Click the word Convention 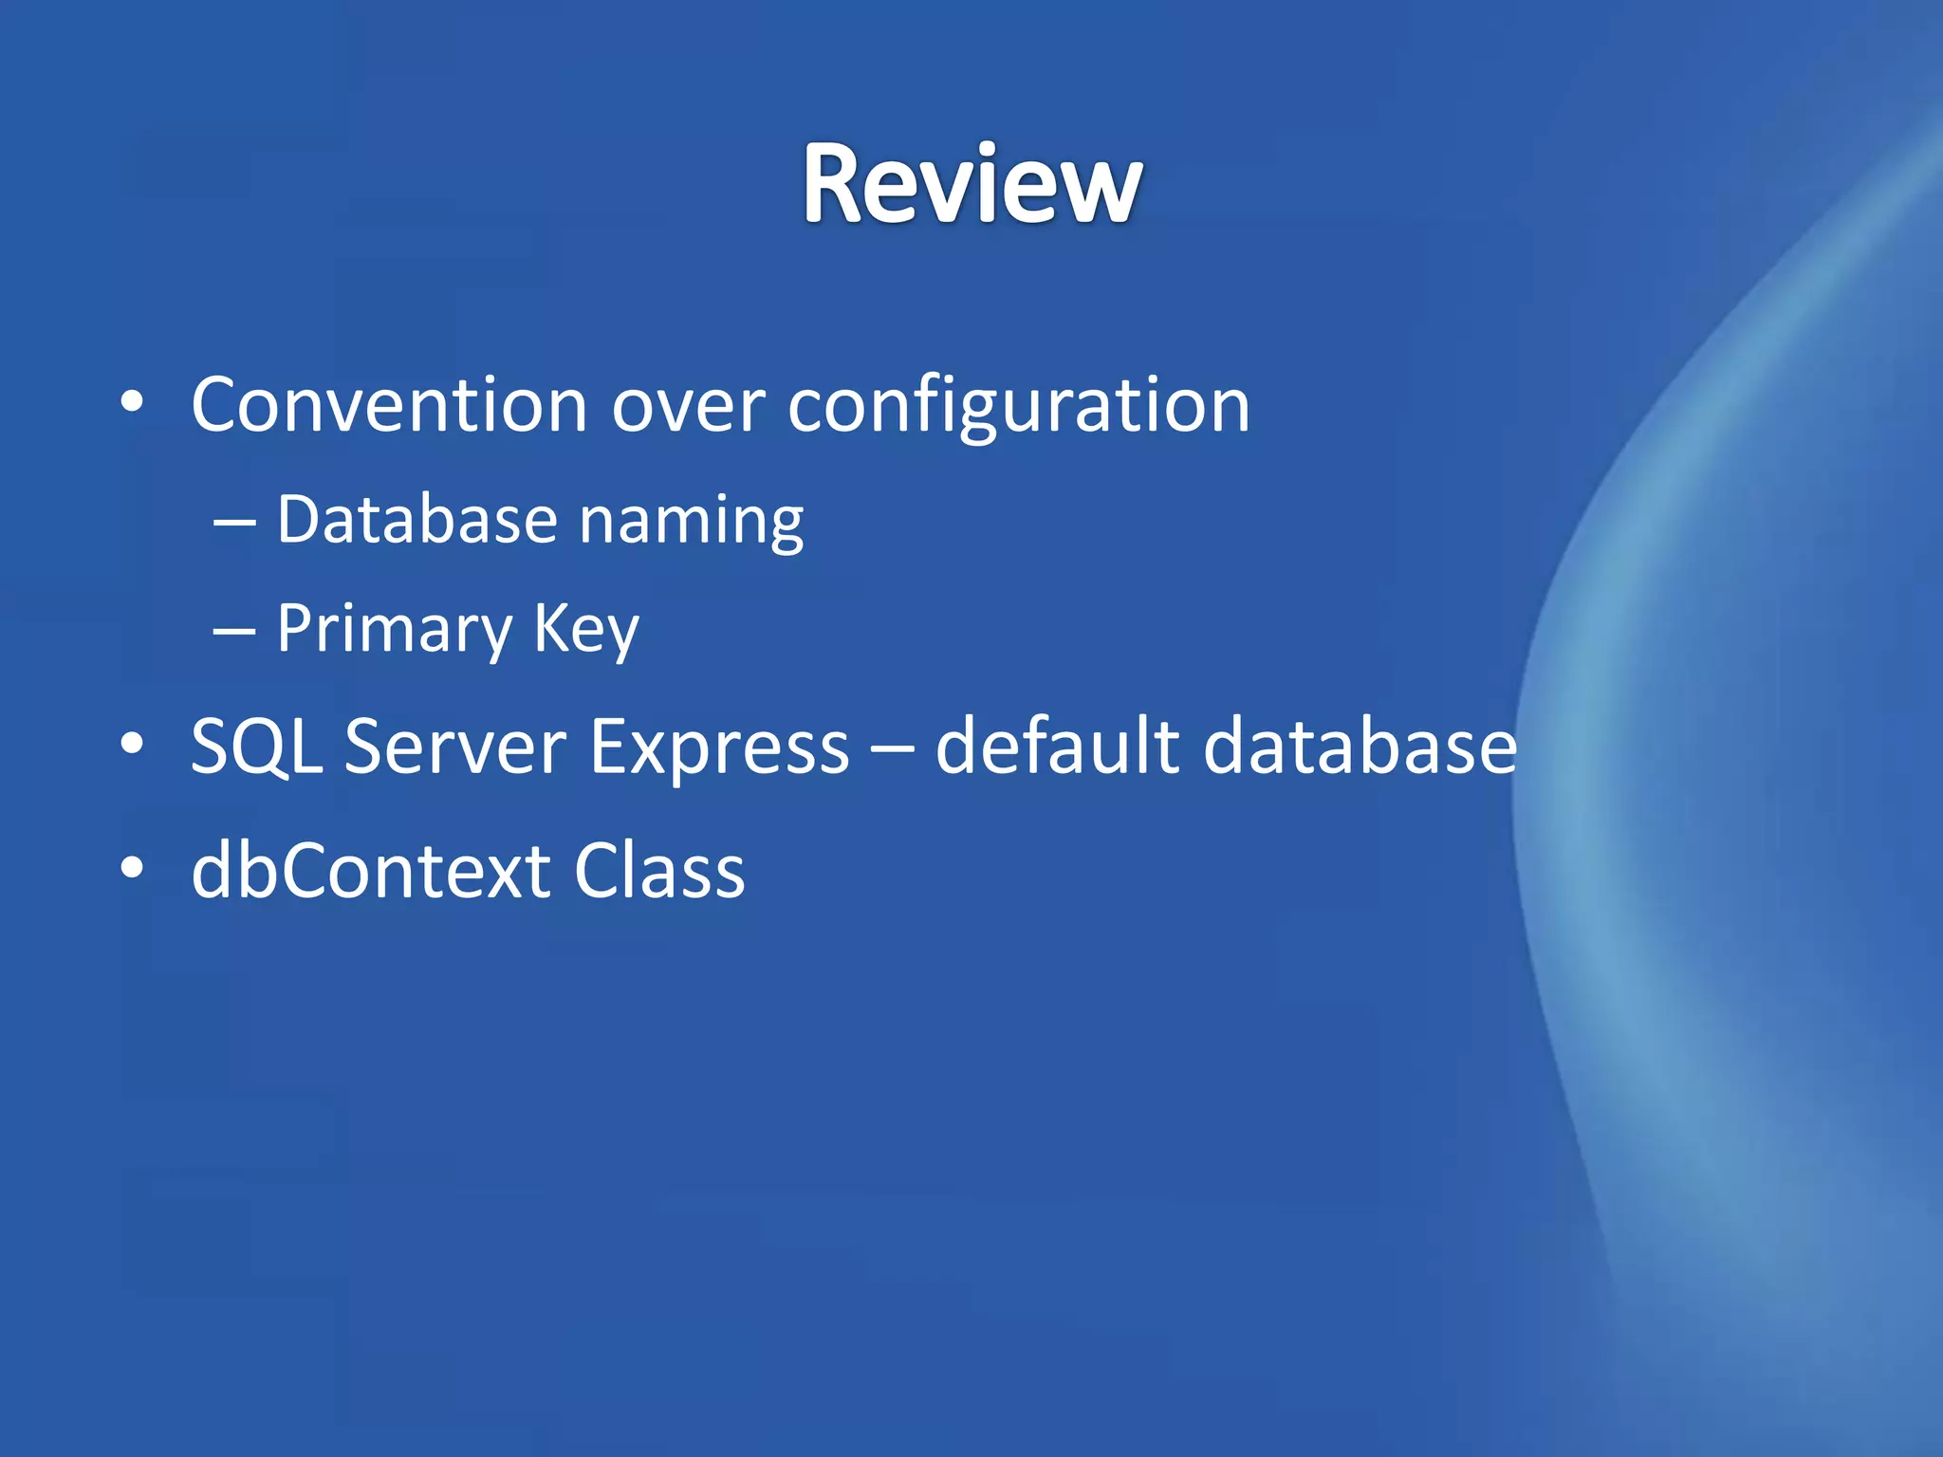pyautogui.click(x=389, y=406)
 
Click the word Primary pyautogui.click(x=394, y=631)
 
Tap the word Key pyautogui.click(x=585, y=631)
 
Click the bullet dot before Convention pyautogui.click(x=132, y=402)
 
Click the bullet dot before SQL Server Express pyautogui.click(x=132, y=744)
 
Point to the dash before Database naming pyautogui.click(x=233, y=524)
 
